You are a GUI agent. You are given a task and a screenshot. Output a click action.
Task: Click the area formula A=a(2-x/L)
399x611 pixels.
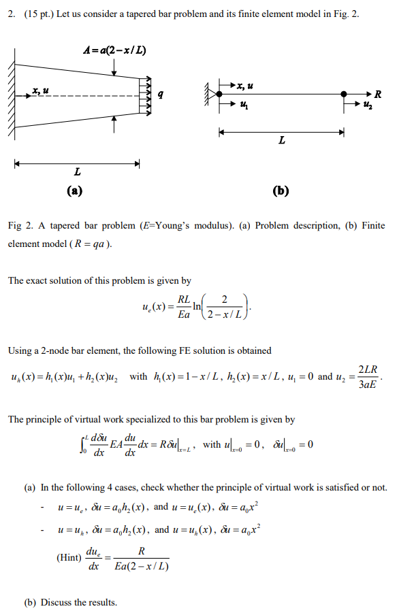click(x=115, y=51)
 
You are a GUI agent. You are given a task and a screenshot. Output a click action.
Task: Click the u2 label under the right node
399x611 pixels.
click(x=368, y=106)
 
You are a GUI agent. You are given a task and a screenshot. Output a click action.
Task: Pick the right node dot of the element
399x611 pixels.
click(x=344, y=95)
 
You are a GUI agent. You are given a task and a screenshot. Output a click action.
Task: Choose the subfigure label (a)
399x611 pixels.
click(x=74, y=190)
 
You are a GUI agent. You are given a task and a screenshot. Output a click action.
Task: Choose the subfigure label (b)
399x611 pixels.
click(x=281, y=190)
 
